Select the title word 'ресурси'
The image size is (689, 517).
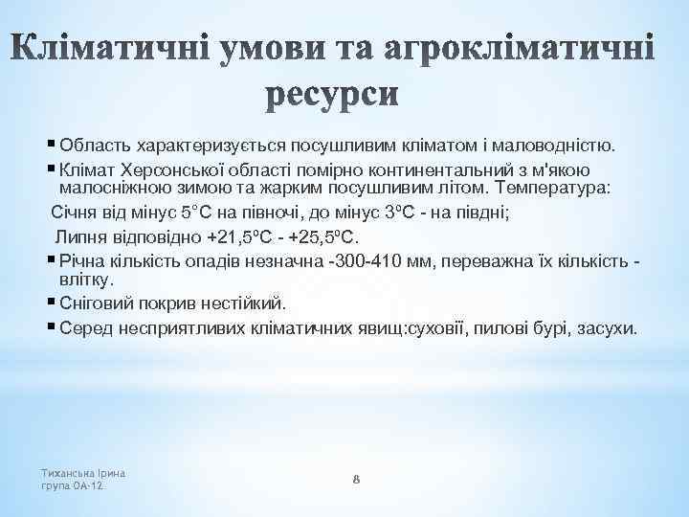click(343, 94)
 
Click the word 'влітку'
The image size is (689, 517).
click(84, 280)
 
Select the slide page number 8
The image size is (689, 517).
click(355, 479)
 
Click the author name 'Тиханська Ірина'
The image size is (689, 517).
click(85, 473)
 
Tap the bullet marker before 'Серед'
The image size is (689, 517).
click(51, 327)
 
